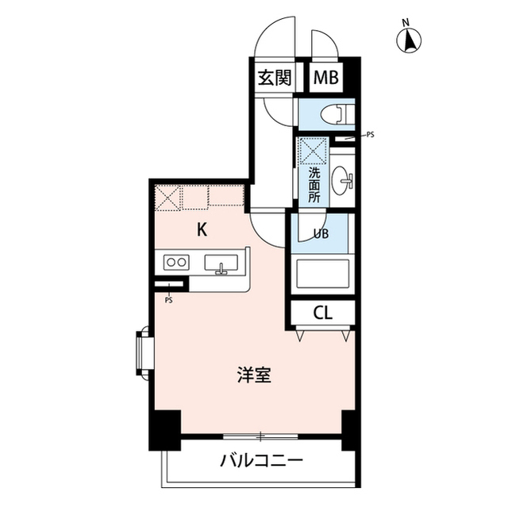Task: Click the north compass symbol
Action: coord(410,40)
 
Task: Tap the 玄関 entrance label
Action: coord(273,78)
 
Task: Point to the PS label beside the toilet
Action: coord(370,135)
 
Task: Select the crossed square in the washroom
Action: coord(312,150)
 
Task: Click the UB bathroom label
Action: coord(321,233)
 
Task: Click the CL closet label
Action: coord(322,312)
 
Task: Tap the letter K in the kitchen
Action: coord(202,230)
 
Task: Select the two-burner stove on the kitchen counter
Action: coord(175,262)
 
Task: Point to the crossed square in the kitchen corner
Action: coord(167,197)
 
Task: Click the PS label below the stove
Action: coord(168,301)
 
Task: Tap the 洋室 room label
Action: coord(255,374)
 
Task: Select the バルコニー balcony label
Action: coord(261,460)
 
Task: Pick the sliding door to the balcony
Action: coord(260,436)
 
